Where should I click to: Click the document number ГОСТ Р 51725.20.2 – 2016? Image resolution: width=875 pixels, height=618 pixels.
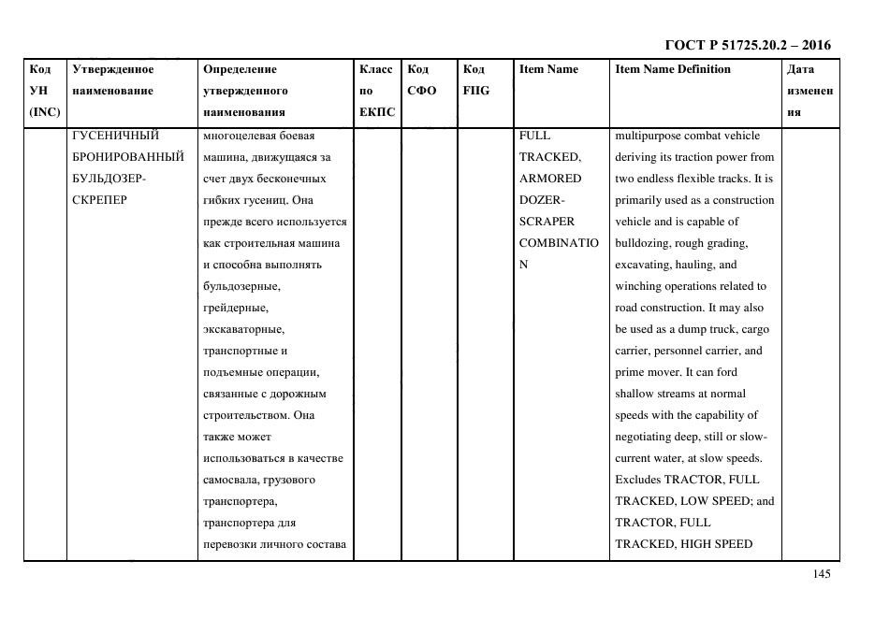click(747, 46)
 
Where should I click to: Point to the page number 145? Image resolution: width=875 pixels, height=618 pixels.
click(822, 574)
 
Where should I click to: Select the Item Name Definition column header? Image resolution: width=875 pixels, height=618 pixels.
click(672, 70)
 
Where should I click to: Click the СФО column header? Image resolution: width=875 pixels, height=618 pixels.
click(421, 92)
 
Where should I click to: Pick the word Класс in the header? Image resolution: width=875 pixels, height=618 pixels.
click(375, 70)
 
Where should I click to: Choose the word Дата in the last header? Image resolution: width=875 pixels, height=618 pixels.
click(800, 70)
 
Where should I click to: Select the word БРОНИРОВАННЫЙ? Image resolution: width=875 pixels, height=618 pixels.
click(126, 157)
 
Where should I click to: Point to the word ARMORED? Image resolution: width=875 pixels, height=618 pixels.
click(550, 179)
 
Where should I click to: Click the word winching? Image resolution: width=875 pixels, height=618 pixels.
click(638, 286)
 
